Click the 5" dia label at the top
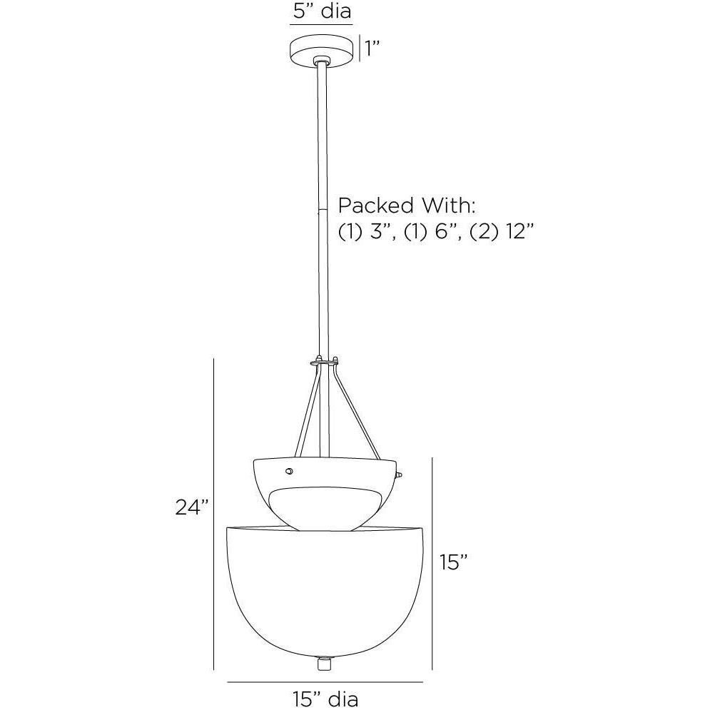(322, 11)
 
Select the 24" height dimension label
(193, 507)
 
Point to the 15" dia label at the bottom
(325, 699)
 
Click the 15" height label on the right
(454, 562)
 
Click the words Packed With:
(407, 206)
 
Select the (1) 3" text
(367, 233)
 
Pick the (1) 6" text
(432, 233)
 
